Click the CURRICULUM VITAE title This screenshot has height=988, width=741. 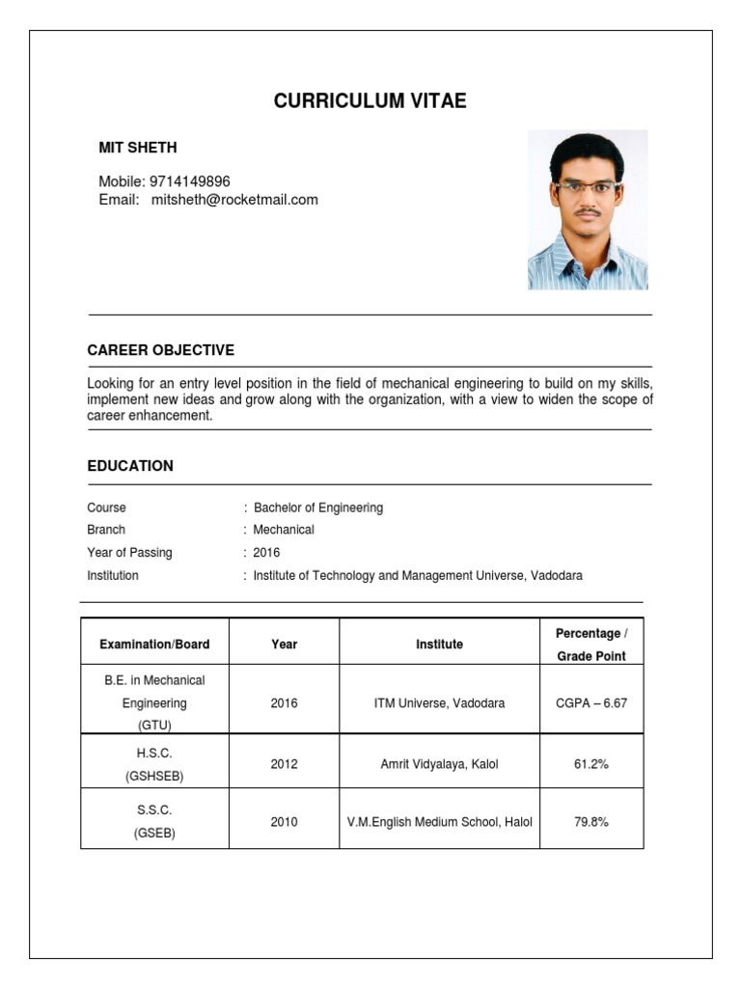[370, 101]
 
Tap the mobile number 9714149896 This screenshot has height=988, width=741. [189, 181]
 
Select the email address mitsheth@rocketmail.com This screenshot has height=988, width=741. [234, 200]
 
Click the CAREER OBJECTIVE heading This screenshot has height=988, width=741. [160, 350]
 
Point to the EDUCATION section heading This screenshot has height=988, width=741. [130, 466]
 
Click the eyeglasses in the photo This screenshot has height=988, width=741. [586, 186]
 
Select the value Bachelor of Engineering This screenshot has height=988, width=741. [318, 508]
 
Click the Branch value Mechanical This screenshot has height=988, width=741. [284, 530]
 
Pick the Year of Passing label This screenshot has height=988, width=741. [129, 553]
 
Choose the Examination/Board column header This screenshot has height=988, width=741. [154, 645]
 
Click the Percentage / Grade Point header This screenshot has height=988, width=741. [590, 645]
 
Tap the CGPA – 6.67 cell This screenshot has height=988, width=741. [590, 703]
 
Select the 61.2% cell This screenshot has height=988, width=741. [590, 764]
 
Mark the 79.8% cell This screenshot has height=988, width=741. [590, 822]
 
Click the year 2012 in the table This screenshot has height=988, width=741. [284, 764]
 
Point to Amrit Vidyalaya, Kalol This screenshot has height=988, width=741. [439, 764]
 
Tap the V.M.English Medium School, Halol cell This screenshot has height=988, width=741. [439, 822]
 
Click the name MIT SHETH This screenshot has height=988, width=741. [138, 148]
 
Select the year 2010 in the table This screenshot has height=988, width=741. [284, 822]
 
